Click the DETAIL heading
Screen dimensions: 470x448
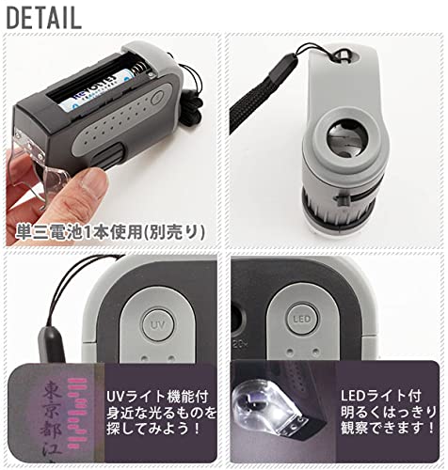[42, 16]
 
